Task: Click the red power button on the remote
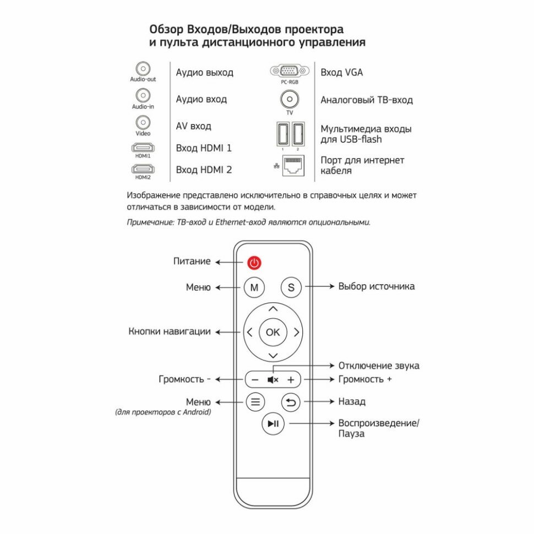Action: (254, 263)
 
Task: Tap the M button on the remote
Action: (254, 287)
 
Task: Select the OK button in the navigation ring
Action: (273, 332)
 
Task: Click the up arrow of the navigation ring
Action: (273, 308)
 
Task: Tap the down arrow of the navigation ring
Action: (273, 356)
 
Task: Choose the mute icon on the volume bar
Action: (273, 379)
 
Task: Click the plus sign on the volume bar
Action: (291, 379)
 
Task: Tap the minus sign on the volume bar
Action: (254, 379)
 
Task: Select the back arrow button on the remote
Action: (291, 402)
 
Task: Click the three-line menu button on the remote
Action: (254, 402)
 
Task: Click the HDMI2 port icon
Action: (143, 168)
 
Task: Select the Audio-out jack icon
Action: (143, 69)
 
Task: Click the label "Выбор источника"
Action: (377, 286)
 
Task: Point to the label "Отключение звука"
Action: (379, 366)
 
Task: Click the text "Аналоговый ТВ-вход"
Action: (367, 100)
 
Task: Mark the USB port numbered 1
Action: (282, 134)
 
